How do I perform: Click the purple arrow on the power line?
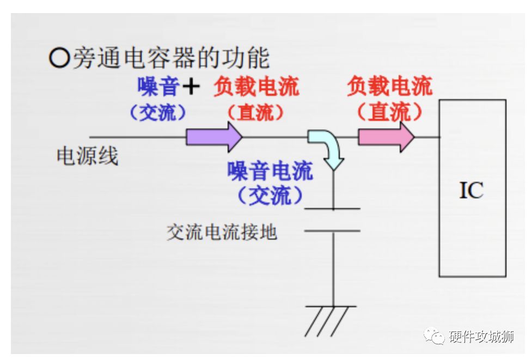[x=214, y=137]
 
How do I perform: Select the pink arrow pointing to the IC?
[x=386, y=137]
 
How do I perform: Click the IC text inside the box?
[x=471, y=190]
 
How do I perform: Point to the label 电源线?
[x=87, y=156]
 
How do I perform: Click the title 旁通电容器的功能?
[x=172, y=58]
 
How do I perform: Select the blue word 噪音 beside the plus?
[x=158, y=87]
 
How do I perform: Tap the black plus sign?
[x=191, y=86]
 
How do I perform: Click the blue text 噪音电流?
[x=270, y=171]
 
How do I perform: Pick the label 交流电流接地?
[x=222, y=233]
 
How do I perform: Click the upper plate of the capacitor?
[x=332, y=209]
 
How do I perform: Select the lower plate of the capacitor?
[x=332, y=231]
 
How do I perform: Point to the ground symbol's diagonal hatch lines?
[x=327, y=321]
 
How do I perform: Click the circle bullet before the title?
[x=59, y=58]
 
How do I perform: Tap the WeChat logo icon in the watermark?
[x=434, y=335]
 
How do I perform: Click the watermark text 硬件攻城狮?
[x=481, y=337]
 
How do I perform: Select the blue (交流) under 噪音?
[x=158, y=112]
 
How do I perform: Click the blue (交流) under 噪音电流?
[x=270, y=196]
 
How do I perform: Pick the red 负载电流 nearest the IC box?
[x=389, y=87]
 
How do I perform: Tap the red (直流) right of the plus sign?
[x=255, y=112]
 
